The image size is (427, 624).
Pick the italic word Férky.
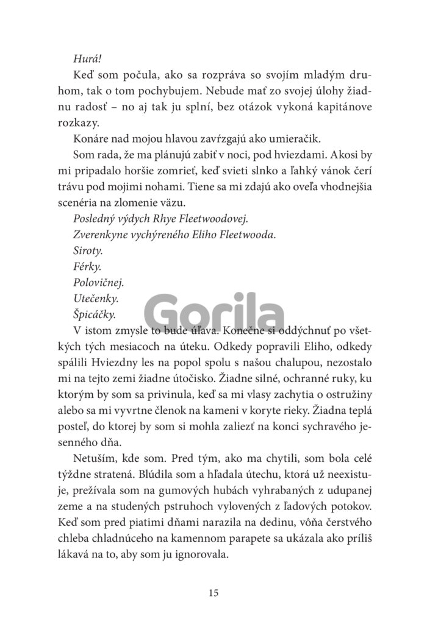click(87, 267)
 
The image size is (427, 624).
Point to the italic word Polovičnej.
click(98, 283)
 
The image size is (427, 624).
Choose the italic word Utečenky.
click(95, 299)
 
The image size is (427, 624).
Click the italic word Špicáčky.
click(95, 314)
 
